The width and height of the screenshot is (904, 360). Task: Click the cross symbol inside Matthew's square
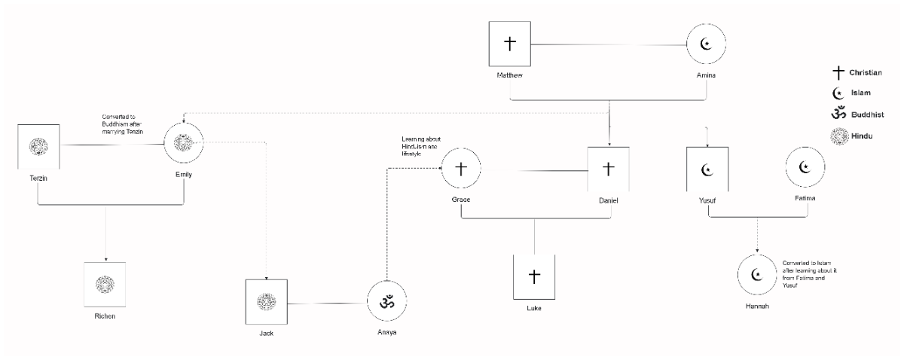click(x=509, y=44)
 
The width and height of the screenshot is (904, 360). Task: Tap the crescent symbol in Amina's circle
click(x=706, y=44)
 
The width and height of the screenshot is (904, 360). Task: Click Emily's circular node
click(x=185, y=143)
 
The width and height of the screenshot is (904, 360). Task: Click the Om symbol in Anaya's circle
click(x=387, y=302)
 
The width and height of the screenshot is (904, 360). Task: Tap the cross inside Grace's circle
click(x=461, y=168)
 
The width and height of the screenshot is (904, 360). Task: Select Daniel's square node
click(x=609, y=168)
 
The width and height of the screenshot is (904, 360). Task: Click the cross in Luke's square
click(x=534, y=277)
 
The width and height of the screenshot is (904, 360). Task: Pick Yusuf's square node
click(x=707, y=170)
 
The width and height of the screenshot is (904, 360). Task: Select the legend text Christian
click(x=866, y=73)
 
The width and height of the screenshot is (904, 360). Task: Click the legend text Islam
click(x=860, y=94)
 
